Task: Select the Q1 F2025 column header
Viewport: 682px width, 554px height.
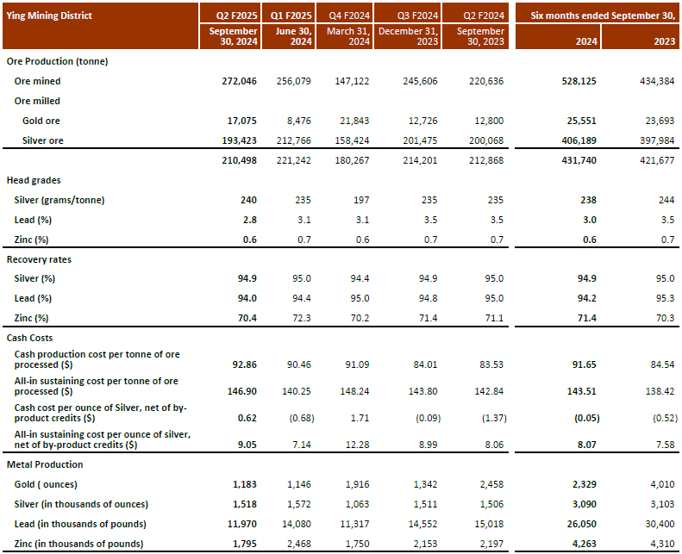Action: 295,15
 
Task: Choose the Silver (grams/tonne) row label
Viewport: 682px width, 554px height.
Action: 61,200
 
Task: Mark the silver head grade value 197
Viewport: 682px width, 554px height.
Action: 360,200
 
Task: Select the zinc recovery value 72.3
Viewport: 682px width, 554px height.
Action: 302,318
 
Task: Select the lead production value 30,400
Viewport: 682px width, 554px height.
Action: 657,524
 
